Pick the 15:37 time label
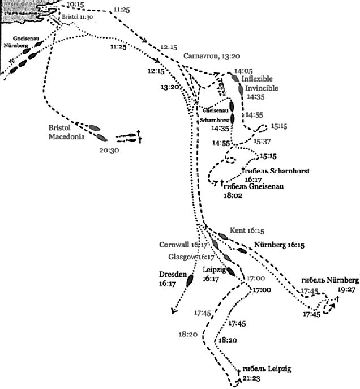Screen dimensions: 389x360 click(x=263, y=141)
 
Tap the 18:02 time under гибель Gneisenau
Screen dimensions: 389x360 click(x=234, y=196)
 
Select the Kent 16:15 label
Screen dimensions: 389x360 click(x=246, y=231)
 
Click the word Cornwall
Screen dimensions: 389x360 click(x=175, y=245)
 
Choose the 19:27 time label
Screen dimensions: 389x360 click(x=346, y=289)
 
